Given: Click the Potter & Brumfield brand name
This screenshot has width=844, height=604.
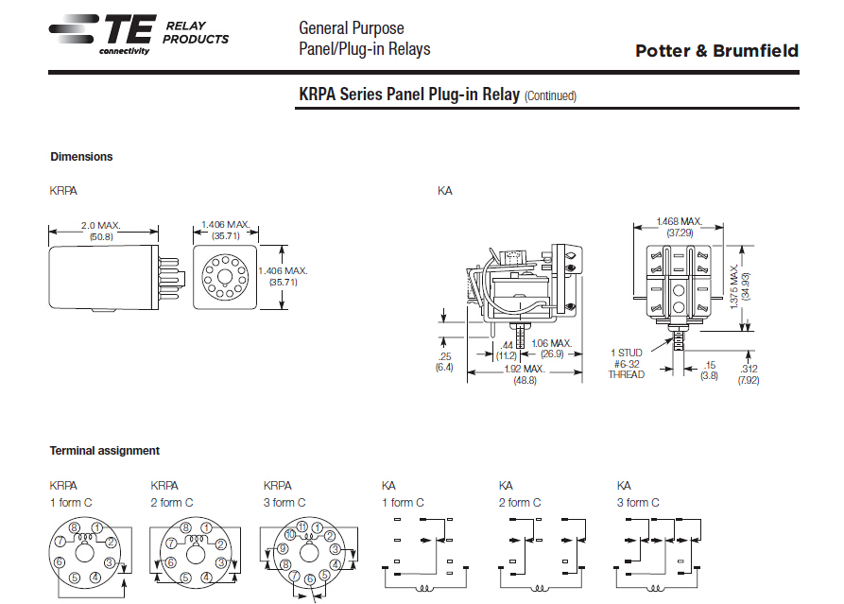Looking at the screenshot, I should [716, 51].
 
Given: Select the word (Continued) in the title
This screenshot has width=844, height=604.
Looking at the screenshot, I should [550, 95].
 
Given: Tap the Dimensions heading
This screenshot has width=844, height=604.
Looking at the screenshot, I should [81, 157].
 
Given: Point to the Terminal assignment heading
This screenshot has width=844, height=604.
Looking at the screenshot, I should [105, 451].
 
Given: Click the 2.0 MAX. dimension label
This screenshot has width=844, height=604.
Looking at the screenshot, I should [102, 226].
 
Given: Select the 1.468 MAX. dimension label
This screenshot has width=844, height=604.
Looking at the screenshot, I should [679, 221].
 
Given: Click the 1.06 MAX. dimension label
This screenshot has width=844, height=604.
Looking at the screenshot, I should [552, 343].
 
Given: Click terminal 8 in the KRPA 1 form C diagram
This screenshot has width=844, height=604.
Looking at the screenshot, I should [74, 527].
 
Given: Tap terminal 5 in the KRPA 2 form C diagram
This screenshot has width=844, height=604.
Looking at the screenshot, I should [184, 577].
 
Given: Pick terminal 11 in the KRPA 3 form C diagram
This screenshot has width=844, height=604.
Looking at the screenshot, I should [301, 525].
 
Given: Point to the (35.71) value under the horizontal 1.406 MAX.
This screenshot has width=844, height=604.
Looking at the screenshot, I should [225, 236].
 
